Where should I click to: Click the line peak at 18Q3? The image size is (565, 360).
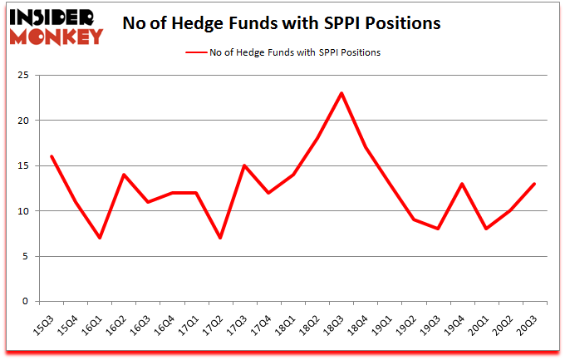click(x=341, y=93)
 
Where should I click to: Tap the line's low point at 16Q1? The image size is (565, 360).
click(x=100, y=238)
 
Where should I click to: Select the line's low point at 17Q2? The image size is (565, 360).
click(x=220, y=238)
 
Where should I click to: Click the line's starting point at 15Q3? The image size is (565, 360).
click(x=52, y=156)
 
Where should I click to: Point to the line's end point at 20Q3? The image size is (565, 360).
click(x=534, y=184)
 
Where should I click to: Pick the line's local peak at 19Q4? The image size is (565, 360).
click(x=462, y=184)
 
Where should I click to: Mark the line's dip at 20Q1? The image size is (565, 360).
click(x=486, y=229)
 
